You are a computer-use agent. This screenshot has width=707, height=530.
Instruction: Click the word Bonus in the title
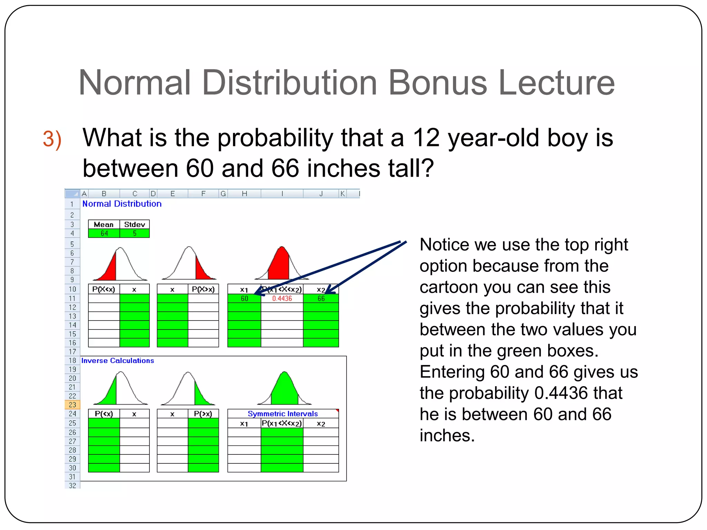click(x=437, y=83)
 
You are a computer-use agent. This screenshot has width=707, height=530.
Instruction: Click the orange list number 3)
click(x=52, y=139)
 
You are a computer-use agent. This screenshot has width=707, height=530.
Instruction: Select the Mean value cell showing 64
click(x=104, y=234)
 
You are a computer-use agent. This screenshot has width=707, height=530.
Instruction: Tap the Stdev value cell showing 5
click(x=135, y=234)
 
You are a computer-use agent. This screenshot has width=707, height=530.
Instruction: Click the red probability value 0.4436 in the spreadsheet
click(x=282, y=298)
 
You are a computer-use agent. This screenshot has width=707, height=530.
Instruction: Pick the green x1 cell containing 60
click(x=244, y=298)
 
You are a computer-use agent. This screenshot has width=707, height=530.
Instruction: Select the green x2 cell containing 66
click(x=321, y=298)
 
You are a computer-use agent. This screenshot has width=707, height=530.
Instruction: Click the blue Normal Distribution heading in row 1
click(x=122, y=204)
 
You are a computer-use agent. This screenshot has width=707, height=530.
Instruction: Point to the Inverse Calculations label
click(x=117, y=361)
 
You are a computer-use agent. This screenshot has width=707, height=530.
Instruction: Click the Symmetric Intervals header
click(x=282, y=414)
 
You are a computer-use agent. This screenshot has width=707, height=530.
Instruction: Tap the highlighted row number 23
click(x=72, y=405)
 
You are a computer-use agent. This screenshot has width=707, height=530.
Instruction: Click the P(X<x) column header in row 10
click(x=104, y=289)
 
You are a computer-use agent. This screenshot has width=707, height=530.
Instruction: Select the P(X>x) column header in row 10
click(x=203, y=289)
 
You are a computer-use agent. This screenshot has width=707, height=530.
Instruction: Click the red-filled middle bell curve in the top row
click(x=282, y=264)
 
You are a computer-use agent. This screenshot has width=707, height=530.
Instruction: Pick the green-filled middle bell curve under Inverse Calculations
click(x=284, y=389)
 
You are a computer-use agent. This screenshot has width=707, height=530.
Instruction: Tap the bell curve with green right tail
click(x=188, y=389)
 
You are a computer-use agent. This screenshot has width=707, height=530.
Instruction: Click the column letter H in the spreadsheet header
click(x=244, y=194)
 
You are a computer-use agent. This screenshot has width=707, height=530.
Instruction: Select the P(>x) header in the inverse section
click(x=203, y=414)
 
